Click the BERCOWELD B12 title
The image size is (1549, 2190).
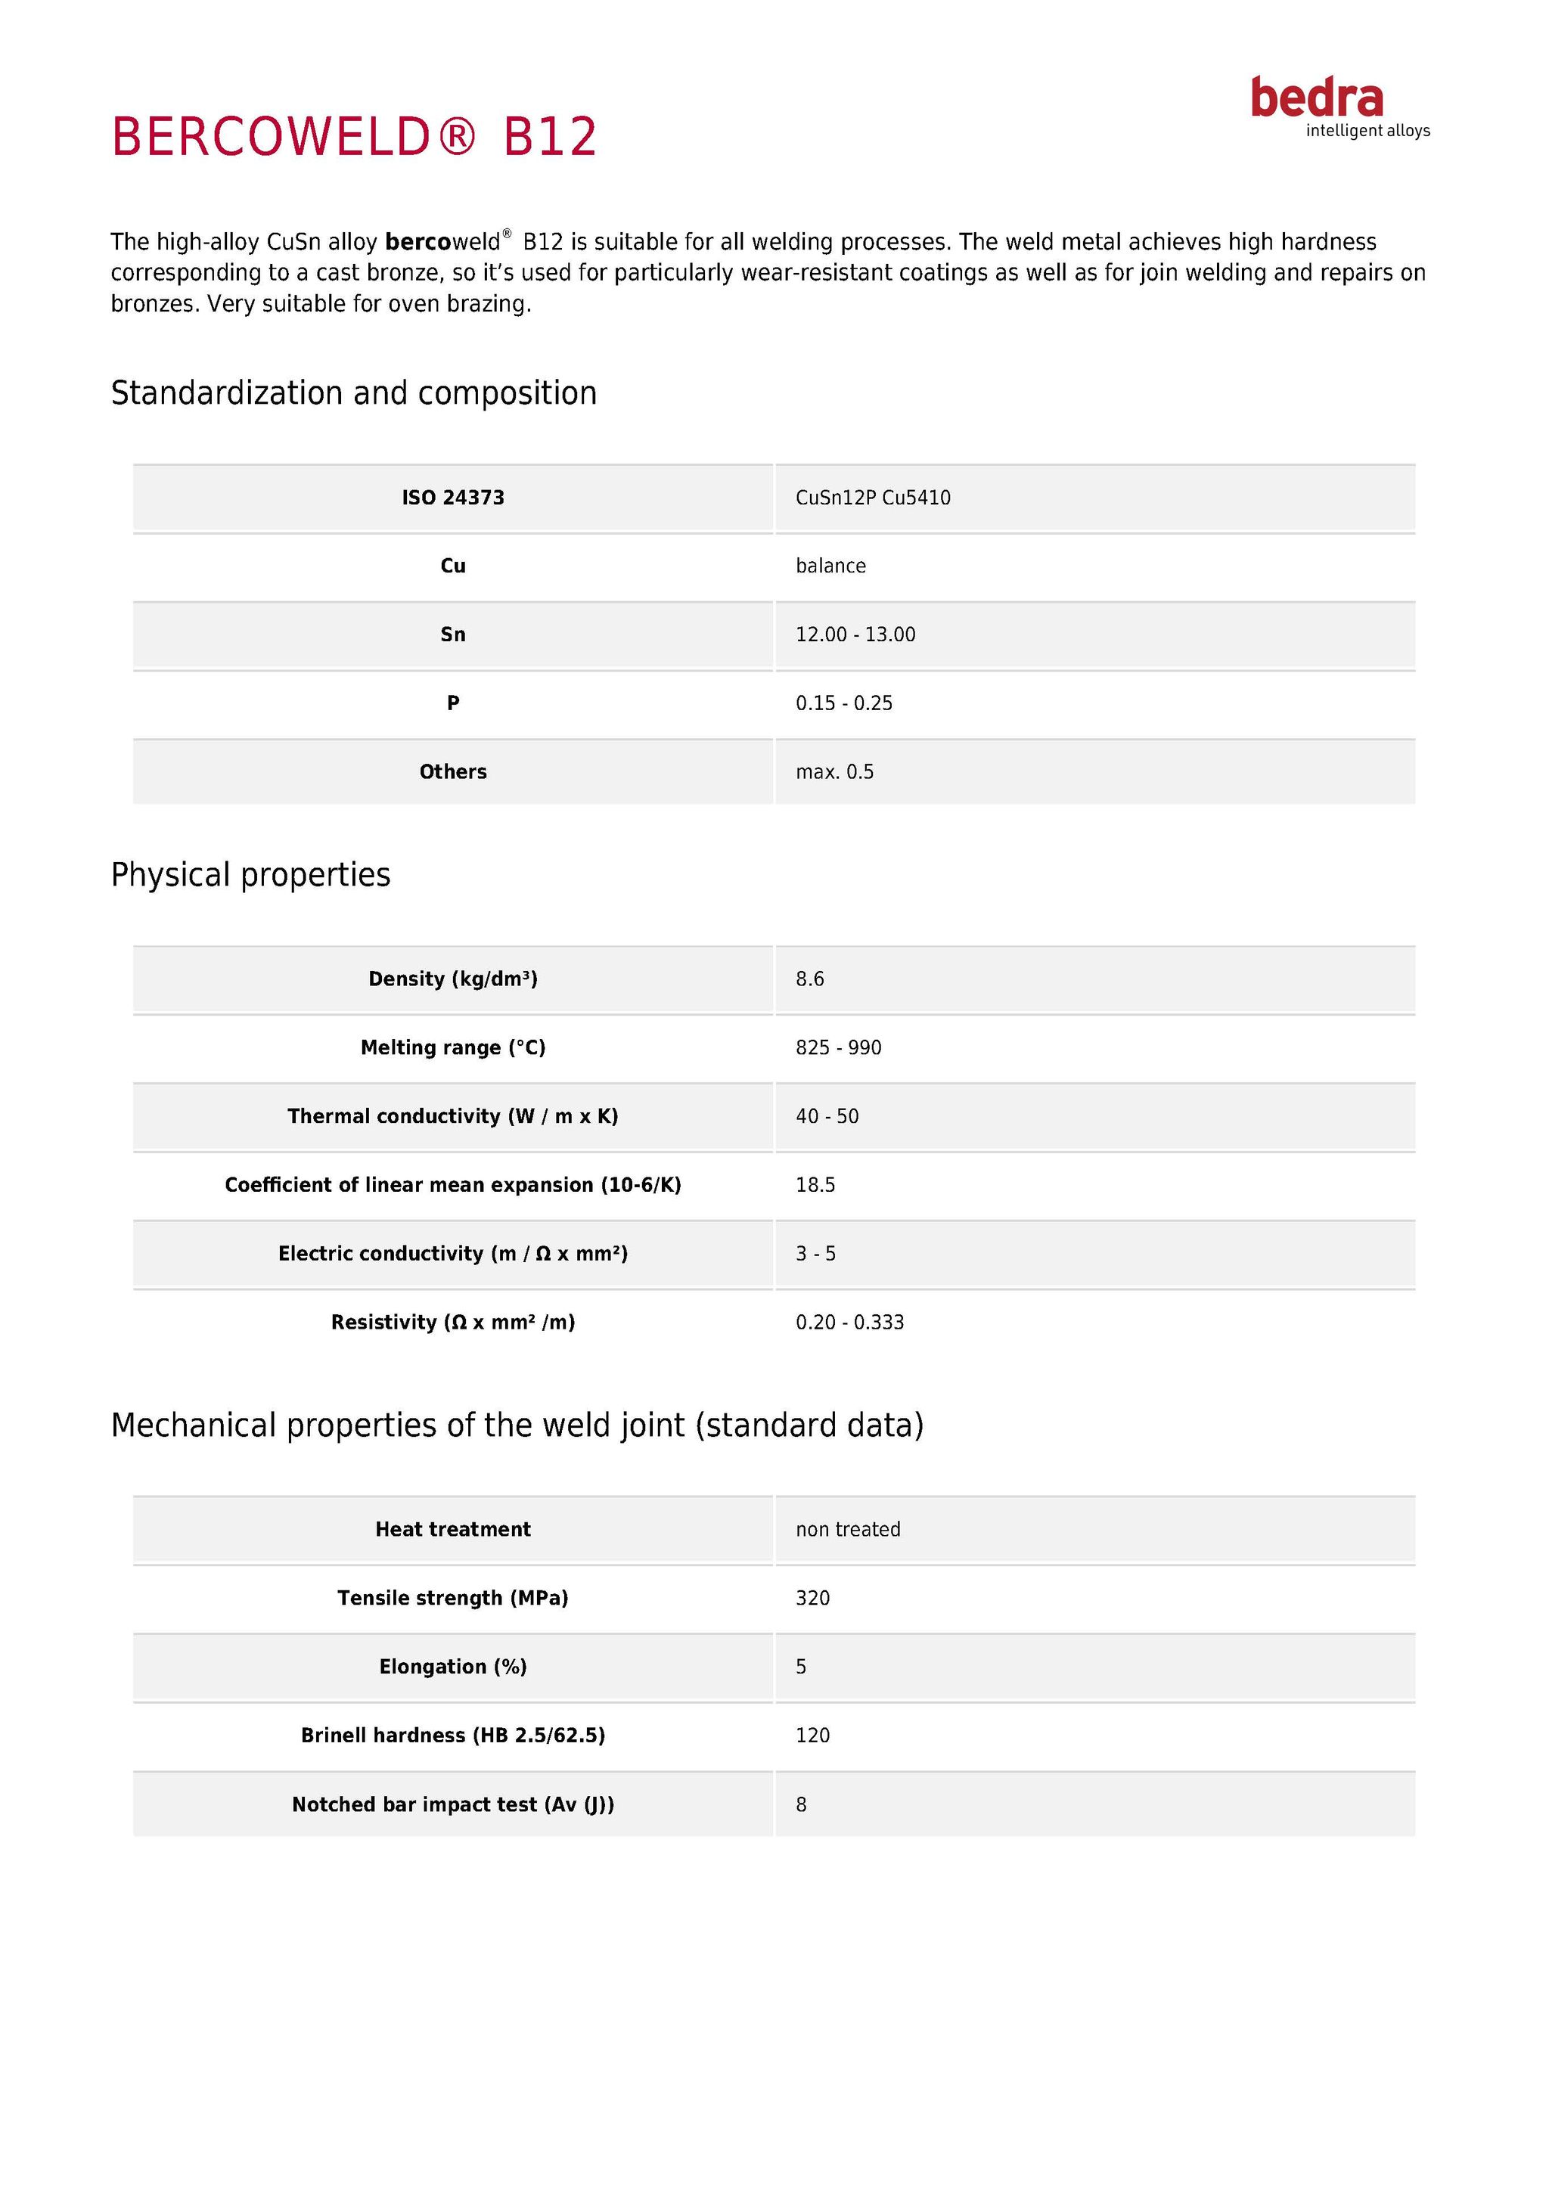[x=354, y=136]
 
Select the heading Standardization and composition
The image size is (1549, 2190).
[x=354, y=393]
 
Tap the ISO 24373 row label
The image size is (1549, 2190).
[x=453, y=497]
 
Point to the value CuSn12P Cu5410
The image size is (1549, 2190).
[x=873, y=497]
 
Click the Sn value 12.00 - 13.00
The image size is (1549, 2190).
[x=855, y=634]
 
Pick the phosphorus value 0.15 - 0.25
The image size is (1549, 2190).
[x=844, y=703]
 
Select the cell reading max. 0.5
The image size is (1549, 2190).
[x=834, y=771]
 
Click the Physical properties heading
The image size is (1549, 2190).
[x=251, y=875]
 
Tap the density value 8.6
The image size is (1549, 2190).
[x=810, y=979]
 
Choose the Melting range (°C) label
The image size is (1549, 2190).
[x=453, y=1047]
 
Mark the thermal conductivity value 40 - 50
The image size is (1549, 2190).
[x=827, y=1116]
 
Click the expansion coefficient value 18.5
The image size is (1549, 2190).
[x=815, y=1185]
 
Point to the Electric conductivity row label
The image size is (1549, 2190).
[x=453, y=1253]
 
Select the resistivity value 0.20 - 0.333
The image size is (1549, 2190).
[x=850, y=1322]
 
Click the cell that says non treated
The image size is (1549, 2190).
[x=848, y=1529]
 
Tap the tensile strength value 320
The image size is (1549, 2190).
[x=812, y=1598]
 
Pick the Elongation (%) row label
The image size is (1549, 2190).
[x=453, y=1667]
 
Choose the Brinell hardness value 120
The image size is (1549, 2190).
[x=812, y=1735]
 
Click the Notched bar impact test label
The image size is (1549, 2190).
[x=453, y=1804]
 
